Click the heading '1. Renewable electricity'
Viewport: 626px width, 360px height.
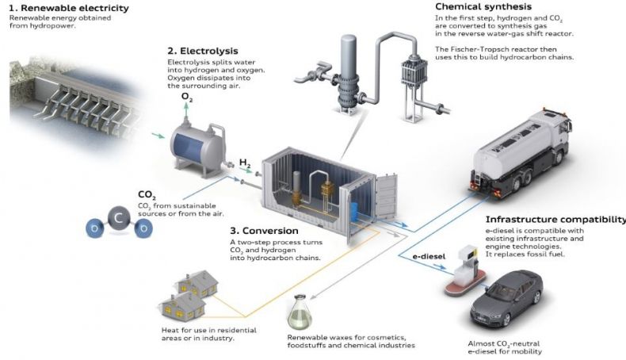tap(69, 8)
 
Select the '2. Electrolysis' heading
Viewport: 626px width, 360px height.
tap(203, 51)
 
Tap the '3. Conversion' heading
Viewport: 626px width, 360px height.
tap(264, 231)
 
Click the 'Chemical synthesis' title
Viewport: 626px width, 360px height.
tap(483, 7)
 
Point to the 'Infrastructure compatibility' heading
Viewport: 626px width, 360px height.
tap(555, 220)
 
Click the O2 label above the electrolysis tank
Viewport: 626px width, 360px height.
tap(187, 97)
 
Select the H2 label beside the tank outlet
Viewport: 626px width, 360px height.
tap(245, 163)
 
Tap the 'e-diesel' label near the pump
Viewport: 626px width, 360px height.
tap(429, 256)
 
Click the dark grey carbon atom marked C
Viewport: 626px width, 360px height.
tap(118, 219)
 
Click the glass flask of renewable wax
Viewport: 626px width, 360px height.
tap(300, 312)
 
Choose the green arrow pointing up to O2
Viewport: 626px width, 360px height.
tap(186, 111)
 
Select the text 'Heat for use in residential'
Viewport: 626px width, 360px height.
tap(209, 331)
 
